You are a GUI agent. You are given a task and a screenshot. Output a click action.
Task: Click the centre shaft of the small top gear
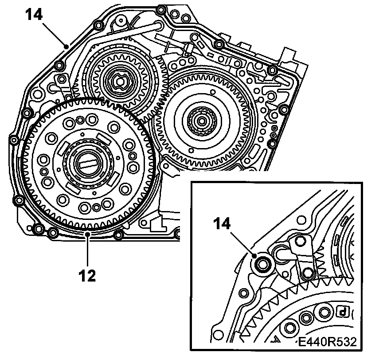[120, 81]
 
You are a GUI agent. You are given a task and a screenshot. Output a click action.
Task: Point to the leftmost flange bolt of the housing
[13, 141]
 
